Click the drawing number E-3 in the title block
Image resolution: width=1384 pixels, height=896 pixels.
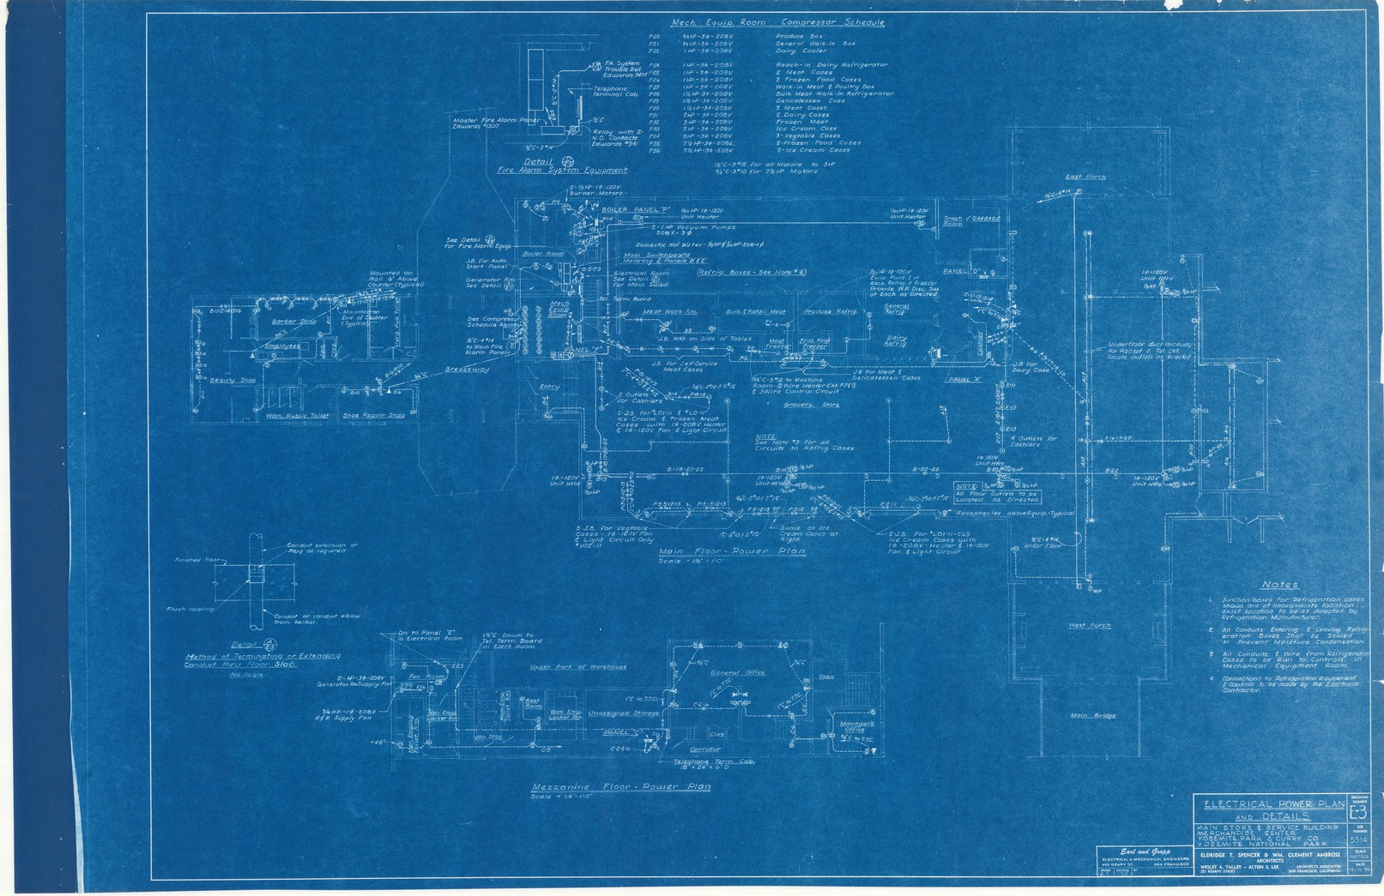point(1357,812)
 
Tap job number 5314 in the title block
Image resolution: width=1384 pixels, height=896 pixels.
point(1357,839)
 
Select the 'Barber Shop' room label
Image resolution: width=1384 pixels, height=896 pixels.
point(294,322)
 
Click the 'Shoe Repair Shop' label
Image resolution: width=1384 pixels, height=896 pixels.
point(373,416)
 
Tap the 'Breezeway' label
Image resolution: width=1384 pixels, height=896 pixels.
point(467,370)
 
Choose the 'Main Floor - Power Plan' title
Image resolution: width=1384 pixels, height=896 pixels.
point(731,551)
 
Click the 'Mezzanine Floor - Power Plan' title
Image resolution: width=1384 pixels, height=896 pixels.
point(621,786)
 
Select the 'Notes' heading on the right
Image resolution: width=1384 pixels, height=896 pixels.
point(1279,585)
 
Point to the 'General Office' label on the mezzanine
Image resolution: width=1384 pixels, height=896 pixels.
point(737,673)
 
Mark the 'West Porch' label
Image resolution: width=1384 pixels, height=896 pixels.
point(1089,625)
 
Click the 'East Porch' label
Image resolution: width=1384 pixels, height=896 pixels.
point(1085,177)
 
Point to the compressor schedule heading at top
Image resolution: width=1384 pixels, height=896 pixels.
point(777,22)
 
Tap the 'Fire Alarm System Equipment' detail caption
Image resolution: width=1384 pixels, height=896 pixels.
point(562,171)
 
